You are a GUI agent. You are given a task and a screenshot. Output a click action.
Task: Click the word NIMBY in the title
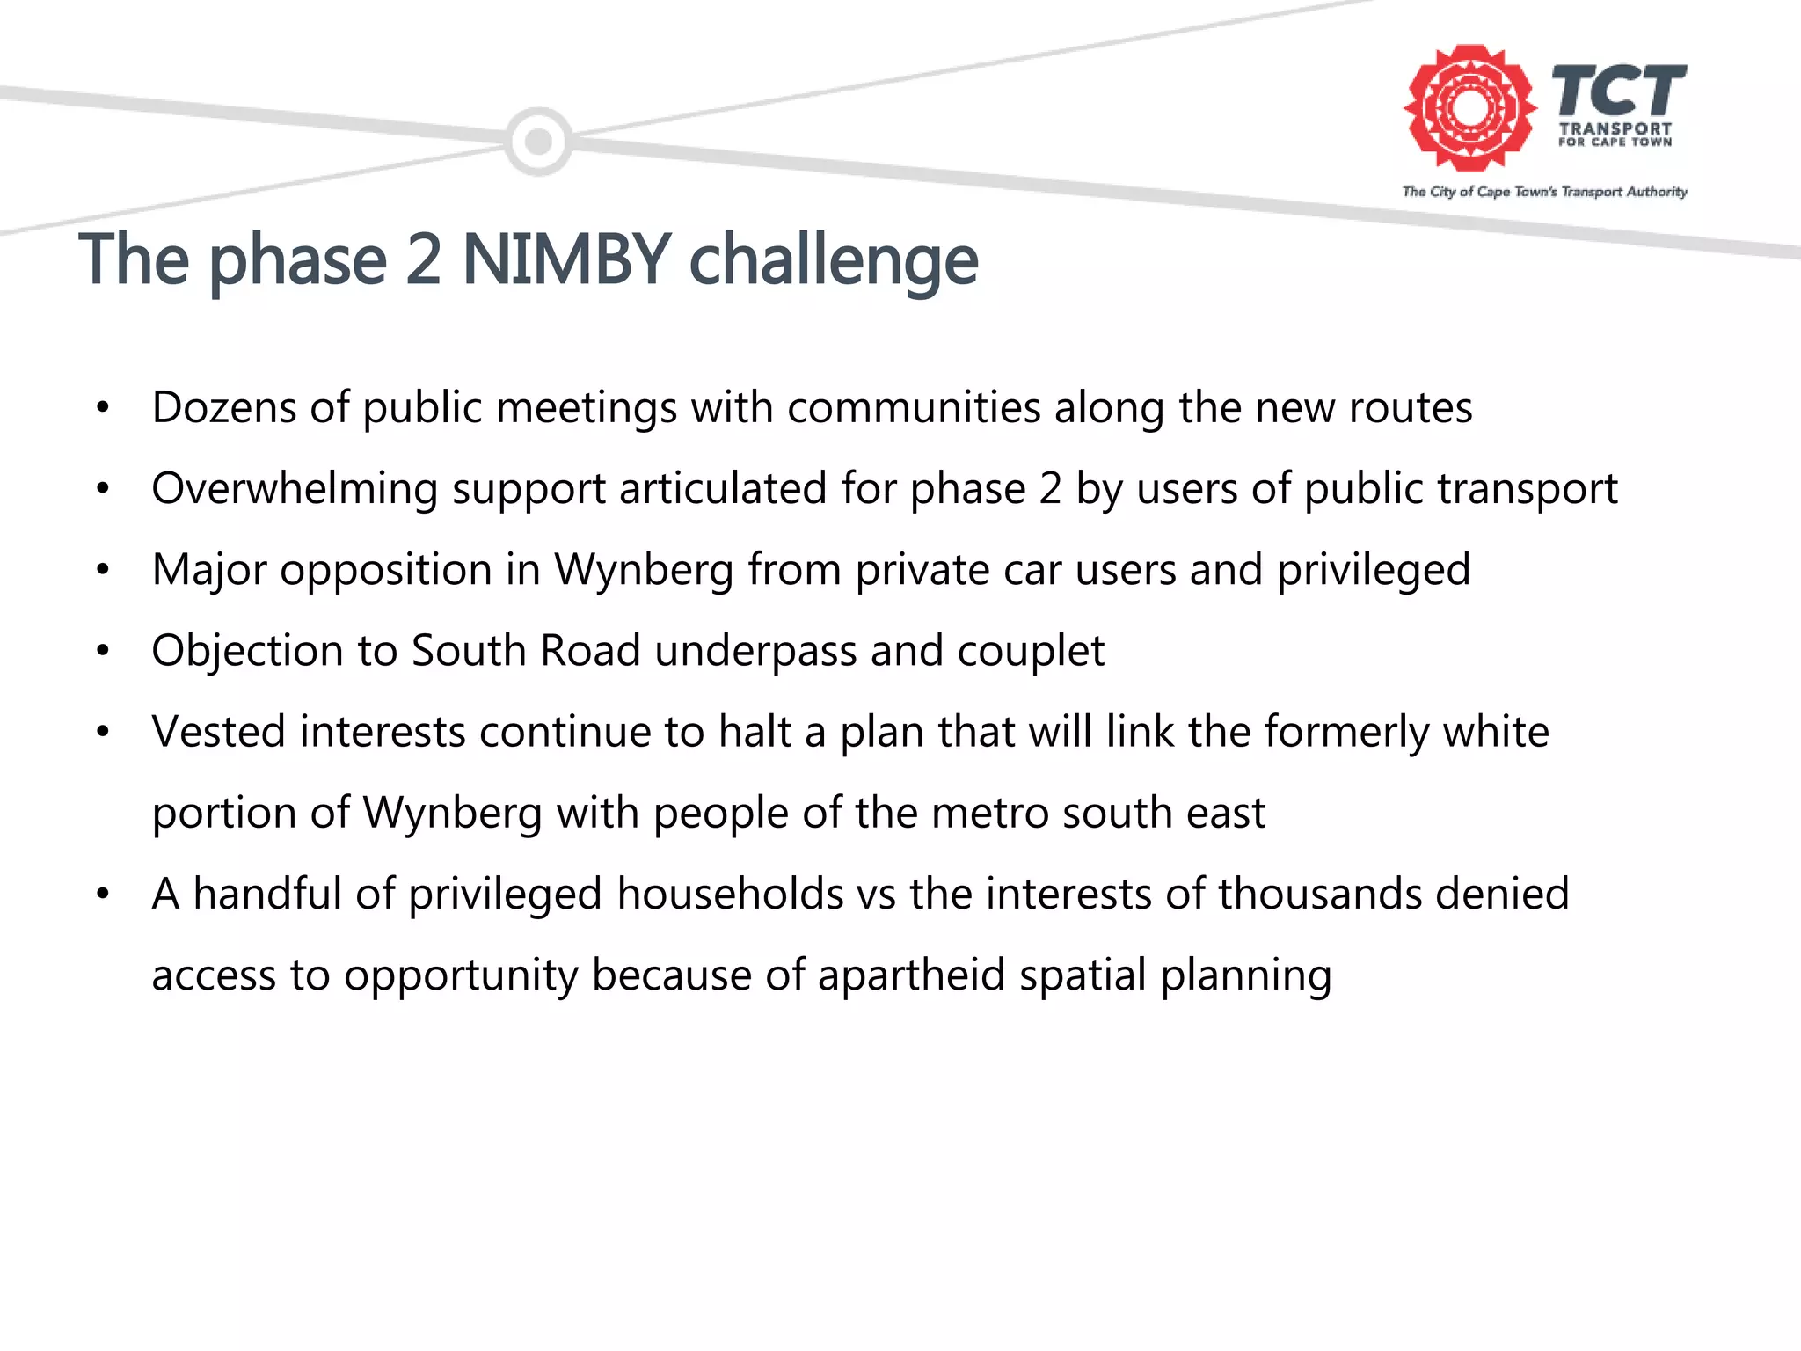(x=566, y=259)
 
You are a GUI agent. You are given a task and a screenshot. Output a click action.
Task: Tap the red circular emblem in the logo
(x=1469, y=108)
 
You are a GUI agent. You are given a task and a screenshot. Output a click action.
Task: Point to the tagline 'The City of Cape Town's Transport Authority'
(x=1544, y=192)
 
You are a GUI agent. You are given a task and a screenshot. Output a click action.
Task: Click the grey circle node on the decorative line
(x=538, y=141)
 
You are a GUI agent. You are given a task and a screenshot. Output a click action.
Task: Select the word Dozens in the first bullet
(x=223, y=407)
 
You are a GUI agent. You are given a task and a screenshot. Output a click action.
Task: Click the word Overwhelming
(x=294, y=489)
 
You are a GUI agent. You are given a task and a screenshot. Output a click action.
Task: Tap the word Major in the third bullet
(x=208, y=569)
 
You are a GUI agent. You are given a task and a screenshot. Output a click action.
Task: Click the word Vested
(x=218, y=732)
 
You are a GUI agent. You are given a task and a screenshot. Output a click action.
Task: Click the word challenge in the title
(x=833, y=261)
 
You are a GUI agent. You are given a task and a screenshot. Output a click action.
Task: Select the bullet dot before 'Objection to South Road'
(x=103, y=652)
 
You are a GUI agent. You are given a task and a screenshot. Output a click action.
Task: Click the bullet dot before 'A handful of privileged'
(x=103, y=895)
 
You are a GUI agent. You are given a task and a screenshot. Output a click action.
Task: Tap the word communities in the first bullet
(x=914, y=407)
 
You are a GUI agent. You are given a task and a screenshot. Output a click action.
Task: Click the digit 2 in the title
(x=424, y=259)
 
